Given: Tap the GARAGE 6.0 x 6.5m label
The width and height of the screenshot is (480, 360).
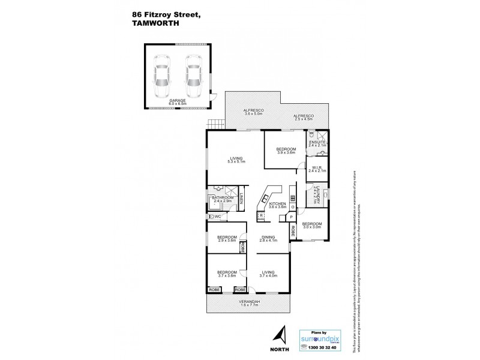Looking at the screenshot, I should pos(177,102).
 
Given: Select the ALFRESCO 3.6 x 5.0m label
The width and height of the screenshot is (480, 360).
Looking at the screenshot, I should pos(246,113).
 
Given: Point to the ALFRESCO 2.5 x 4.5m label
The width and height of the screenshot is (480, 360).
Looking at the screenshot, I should pos(304,118).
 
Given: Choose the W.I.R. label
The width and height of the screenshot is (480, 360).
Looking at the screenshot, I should pos(318,169).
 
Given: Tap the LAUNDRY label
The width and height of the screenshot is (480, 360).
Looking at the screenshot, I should pos(315,195).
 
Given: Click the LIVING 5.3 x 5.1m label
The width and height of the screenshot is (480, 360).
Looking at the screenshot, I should pos(235,159).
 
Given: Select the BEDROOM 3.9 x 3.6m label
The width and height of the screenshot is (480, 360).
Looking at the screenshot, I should pos(286,151).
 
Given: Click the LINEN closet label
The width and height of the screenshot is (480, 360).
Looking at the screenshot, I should pos(241,199).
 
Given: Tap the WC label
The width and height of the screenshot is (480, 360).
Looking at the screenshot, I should pos(217,216).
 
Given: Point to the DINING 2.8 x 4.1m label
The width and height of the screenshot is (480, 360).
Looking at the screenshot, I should pos(268,238).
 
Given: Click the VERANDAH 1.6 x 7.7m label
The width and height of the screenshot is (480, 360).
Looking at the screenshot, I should pos(248,302).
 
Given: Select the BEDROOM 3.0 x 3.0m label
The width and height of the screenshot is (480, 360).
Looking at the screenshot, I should pos(311,226).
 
